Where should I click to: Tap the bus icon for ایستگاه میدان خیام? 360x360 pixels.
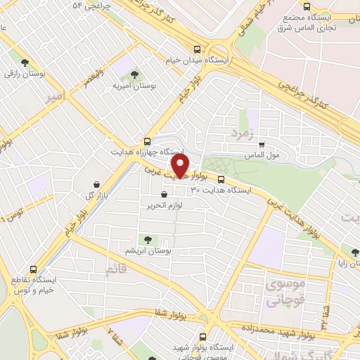coord(198,50)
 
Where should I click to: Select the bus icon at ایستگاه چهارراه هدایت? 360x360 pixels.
coord(146,141)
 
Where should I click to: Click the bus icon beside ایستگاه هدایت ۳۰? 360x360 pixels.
coord(221,179)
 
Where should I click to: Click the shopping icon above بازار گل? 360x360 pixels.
coord(92,183)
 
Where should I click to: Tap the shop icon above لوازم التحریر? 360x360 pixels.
coord(164,194)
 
